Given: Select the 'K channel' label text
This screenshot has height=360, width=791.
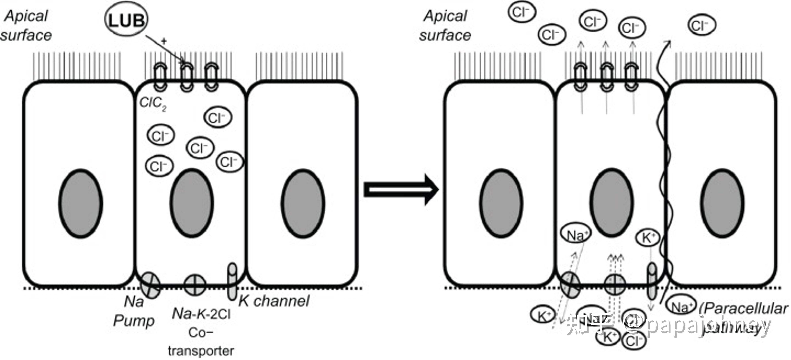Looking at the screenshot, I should (274, 301).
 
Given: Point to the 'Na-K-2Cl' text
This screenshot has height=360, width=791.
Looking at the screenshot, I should (201, 314).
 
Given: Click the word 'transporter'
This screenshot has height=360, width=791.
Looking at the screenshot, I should (201, 350).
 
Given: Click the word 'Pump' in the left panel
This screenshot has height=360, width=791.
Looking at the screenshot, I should (134, 321).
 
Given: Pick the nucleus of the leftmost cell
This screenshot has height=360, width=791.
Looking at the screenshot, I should (81, 203).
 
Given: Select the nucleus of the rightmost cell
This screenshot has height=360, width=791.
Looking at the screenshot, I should (722, 203).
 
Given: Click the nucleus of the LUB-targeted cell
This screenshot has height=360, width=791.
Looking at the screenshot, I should (192, 203).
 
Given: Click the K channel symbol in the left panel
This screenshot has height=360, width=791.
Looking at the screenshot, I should (233, 281).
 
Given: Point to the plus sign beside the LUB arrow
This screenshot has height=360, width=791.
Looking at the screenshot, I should (164, 41).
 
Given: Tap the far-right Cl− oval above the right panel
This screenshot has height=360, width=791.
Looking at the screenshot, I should (701, 26).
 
